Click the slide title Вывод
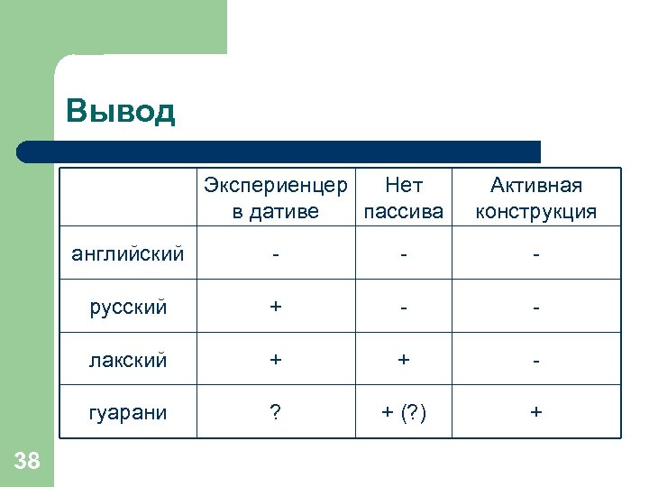point(121,112)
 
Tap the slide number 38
point(28,462)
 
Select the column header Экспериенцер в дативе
point(275,198)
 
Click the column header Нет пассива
point(403,198)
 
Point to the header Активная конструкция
point(536,198)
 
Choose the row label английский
point(128,253)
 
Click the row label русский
point(128,307)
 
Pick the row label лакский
point(128,360)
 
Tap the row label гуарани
point(128,412)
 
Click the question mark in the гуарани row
point(276,412)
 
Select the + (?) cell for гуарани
point(403,412)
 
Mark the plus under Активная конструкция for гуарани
point(536,412)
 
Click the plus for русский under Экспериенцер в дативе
point(276,307)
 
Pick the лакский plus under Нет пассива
point(403,360)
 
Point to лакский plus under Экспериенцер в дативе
point(276,360)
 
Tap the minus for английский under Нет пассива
point(403,255)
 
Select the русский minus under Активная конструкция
point(536,308)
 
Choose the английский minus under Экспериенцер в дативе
point(276,255)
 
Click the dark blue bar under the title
point(279,151)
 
